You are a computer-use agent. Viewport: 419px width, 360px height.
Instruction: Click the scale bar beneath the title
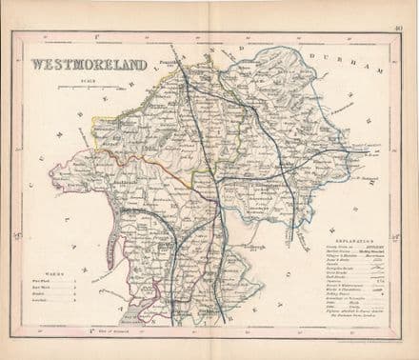point(90,88)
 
